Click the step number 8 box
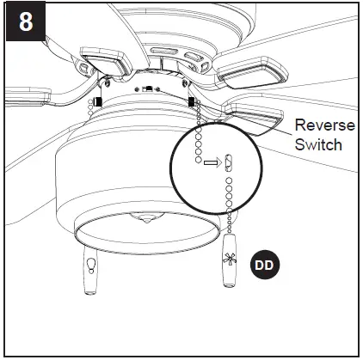[x=25, y=22]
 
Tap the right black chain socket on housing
[x=190, y=102]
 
